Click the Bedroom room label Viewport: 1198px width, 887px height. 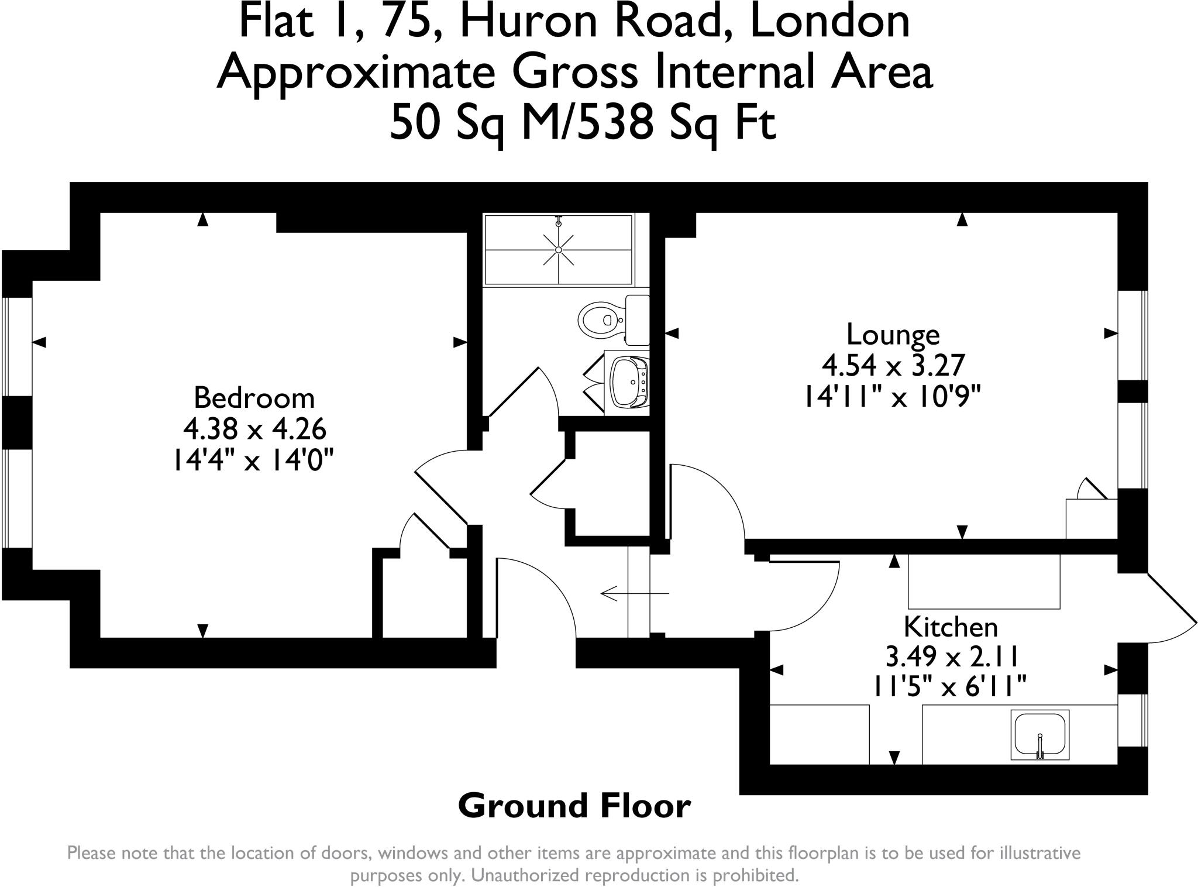pos(254,398)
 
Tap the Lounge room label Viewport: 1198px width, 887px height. pos(893,335)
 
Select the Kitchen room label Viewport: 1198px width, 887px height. pos(951,627)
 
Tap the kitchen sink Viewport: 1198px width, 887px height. pos(1039,734)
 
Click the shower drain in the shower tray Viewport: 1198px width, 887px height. pos(559,250)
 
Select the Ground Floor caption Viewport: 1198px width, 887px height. pos(574,806)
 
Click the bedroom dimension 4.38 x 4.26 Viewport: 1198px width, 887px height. pos(254,429)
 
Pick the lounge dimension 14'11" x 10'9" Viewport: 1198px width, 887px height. pos(893,398)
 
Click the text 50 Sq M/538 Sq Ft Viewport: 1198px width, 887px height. pos(583,122)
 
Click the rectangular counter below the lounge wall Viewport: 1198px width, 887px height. pos(983,581)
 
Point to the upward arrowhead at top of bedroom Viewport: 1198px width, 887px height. pos(203,220)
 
